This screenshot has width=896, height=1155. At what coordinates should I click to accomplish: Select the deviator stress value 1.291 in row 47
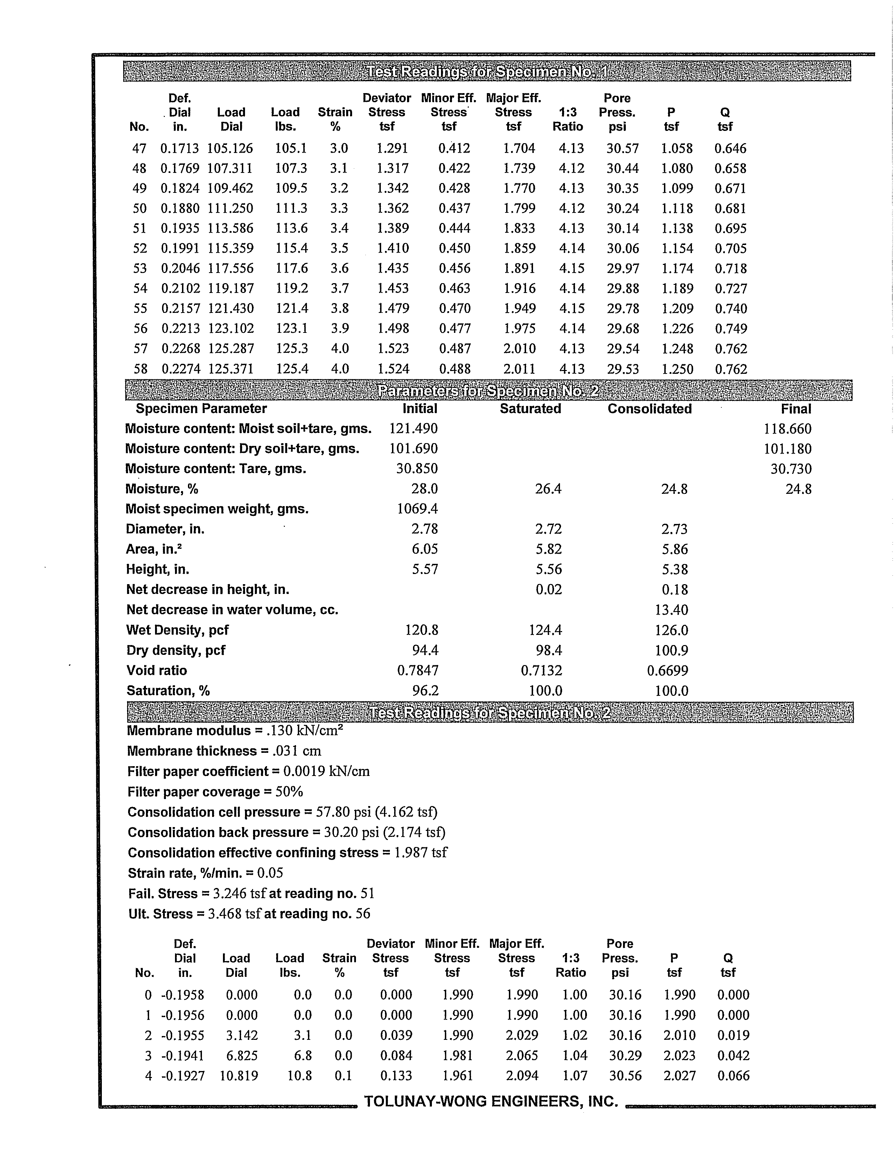coord(392,149)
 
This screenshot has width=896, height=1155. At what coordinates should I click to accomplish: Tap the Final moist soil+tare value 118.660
coord(787,429)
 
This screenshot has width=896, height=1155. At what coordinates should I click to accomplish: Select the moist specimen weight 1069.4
coord(417,509)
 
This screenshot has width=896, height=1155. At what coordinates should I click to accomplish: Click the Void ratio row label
coord(156,671)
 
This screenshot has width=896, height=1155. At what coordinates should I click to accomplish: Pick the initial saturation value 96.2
coord(425,691)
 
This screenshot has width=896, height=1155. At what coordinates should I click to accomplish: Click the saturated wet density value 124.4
coord(545,630)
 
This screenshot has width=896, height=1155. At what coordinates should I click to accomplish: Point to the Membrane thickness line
coord(224,751)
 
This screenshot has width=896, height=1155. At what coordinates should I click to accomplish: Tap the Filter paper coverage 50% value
coord(289,792)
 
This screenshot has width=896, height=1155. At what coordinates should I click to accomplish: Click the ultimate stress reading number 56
coord(363,914)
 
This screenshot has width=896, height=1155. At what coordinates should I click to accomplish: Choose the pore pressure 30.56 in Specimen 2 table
coord(625,1076)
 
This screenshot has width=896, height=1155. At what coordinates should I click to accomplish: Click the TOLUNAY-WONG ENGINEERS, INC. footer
coord(491,1101)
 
